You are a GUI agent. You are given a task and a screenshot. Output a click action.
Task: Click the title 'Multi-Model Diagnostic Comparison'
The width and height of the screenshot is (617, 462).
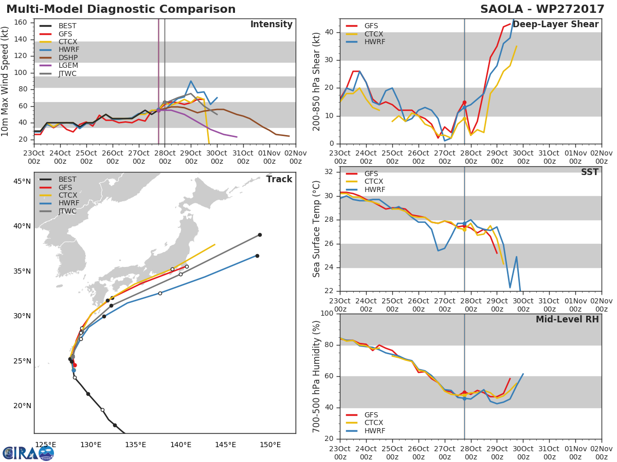121,9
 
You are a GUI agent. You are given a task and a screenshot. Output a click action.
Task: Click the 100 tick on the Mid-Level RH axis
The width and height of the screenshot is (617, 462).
328,314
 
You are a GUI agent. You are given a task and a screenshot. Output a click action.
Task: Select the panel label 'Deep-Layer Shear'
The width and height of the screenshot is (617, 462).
555,25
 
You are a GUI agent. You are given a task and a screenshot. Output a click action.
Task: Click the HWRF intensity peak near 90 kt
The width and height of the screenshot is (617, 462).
191,81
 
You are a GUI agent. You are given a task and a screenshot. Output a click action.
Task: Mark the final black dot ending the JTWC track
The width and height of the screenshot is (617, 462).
260,235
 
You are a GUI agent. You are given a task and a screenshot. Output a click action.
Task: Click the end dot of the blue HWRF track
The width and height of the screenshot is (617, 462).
257,256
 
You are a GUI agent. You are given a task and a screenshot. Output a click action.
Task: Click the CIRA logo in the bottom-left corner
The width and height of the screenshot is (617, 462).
28,452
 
